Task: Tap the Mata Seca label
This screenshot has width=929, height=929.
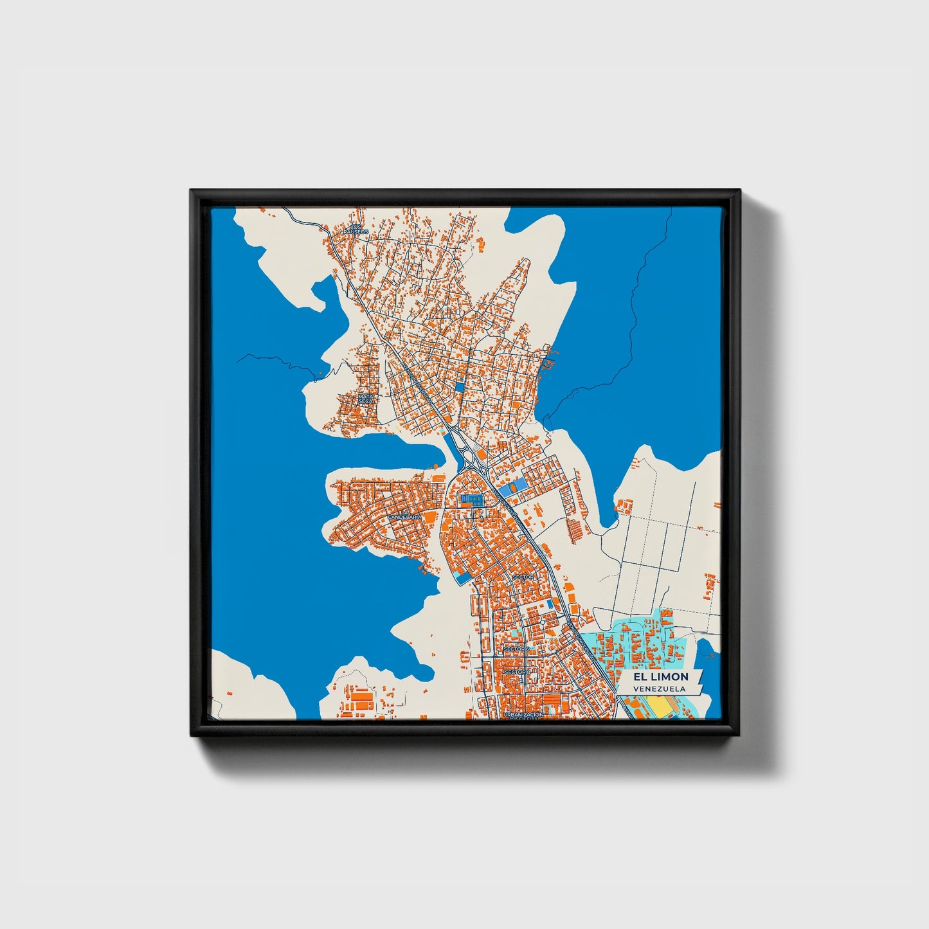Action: (366, 399)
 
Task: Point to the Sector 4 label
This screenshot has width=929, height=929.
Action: (523, 577)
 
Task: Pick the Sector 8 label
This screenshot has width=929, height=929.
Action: (518, 672)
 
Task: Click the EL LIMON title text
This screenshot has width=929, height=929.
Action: (660, 676)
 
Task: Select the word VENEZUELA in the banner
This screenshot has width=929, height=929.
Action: (658, 689)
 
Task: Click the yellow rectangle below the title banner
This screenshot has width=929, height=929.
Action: (660, 707)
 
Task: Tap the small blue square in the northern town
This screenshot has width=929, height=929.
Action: (459, 387)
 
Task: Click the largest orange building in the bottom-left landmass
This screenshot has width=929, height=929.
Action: (363, 696)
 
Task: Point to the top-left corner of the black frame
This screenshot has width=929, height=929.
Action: (192, 191)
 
